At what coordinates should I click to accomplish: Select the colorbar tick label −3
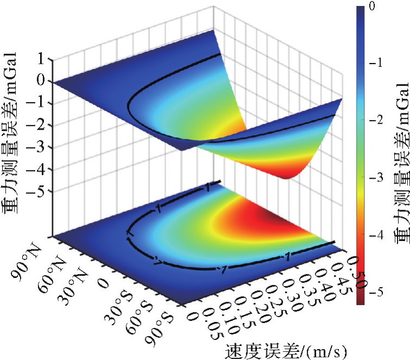(x=375, y=178)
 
